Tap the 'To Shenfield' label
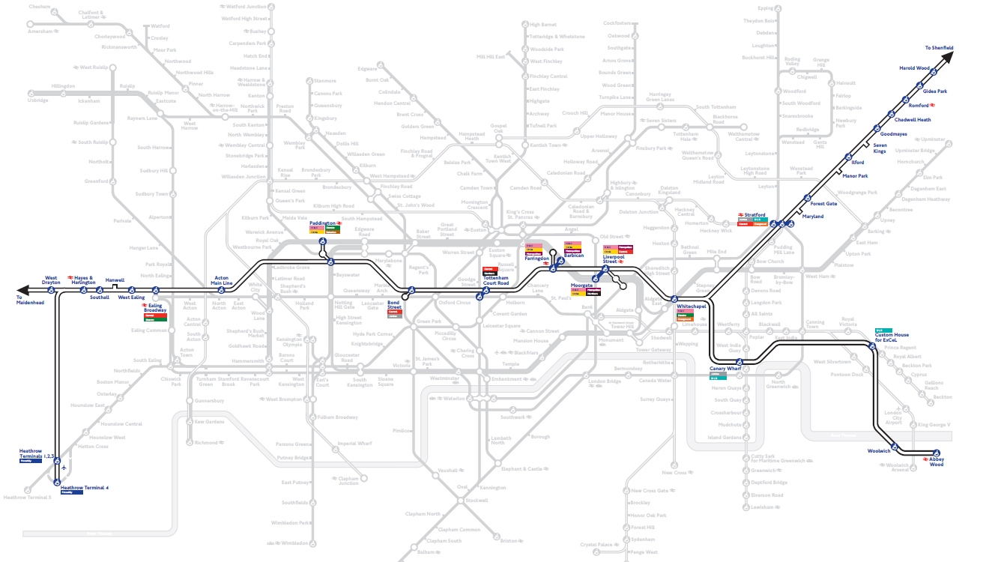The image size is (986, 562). (x=939, y=48)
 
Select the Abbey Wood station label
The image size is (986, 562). (x=937, y=462)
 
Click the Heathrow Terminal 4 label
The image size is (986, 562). (x=85, y=488)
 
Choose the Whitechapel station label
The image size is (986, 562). (x=692, y=306)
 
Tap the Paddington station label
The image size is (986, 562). (x=322, y=223)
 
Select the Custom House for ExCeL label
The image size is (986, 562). (x=891, y=338)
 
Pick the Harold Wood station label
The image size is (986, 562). (x=914, y=68)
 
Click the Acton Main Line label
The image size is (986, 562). (x=223, y=280)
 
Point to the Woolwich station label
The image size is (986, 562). (x=879, y=451)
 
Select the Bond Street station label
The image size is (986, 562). (x=395, y=304)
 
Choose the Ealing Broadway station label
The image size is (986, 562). (x=155, y=308)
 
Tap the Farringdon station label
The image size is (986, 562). (x=536, y=259)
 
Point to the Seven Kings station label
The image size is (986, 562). (x=880, y=148)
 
